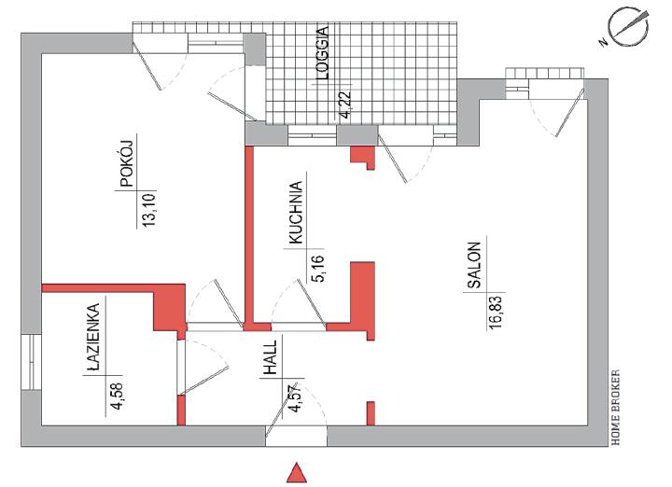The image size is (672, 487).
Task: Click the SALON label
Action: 473,264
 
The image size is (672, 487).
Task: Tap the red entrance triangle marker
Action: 297,472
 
